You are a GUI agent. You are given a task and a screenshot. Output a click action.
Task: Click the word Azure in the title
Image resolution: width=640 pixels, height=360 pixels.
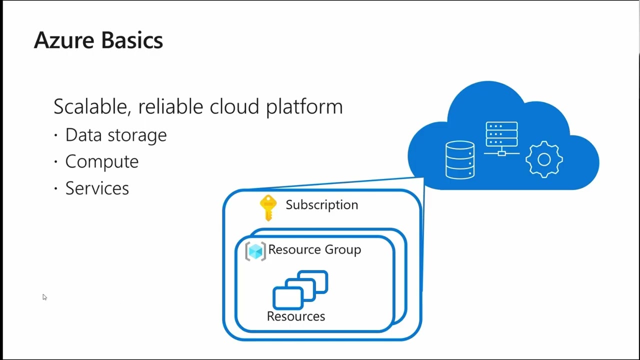(64, 40)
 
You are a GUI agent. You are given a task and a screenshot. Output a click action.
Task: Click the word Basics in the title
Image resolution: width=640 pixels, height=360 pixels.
(132, 40)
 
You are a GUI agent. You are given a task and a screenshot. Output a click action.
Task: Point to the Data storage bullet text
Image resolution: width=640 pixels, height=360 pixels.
(116, 135)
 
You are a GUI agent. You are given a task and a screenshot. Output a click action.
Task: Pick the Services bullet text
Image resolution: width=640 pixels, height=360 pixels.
(97, 188)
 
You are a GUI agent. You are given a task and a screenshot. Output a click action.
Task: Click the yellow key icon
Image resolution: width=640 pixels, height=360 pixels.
(268, 208)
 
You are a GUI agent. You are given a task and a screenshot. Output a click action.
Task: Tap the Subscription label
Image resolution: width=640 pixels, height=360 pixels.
(322, 205)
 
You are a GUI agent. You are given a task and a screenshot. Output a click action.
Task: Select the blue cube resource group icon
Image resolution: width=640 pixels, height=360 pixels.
(255, 251)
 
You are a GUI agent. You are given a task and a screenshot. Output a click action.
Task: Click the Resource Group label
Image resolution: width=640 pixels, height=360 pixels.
(314, 250)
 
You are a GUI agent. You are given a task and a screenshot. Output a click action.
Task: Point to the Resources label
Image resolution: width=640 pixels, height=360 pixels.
(296, 316)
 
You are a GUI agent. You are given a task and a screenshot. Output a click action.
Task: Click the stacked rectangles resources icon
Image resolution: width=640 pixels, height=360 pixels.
(300, 289)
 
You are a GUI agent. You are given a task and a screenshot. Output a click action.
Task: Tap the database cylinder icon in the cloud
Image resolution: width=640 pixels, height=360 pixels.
(460, 160)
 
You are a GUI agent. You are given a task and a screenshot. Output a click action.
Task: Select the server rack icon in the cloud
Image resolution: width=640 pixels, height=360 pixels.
(501, 139)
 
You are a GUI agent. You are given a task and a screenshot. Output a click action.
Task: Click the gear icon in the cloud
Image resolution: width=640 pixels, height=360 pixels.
(544, 159)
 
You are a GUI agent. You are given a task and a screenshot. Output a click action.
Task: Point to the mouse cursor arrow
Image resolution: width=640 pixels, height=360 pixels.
(44, 297)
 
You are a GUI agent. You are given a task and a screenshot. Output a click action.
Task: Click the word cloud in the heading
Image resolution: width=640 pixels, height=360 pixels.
(234, 107)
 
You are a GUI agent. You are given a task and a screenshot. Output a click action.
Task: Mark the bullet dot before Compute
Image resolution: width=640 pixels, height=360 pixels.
(55, 162)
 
